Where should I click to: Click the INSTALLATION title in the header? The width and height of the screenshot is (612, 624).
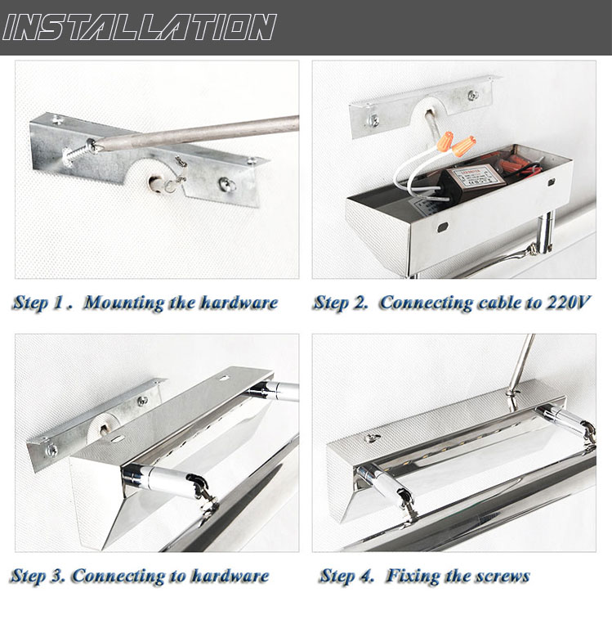139,27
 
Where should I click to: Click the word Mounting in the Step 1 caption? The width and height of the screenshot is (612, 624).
123,303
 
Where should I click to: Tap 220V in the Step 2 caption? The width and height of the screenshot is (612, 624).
568,303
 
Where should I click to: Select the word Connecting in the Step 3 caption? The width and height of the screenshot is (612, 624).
118,577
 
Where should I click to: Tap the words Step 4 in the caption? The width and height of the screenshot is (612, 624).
346,577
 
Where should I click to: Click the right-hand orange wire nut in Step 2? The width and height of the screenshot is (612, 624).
463,146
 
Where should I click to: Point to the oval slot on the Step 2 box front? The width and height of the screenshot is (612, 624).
443,228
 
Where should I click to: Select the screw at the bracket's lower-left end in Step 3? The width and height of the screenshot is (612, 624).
51,451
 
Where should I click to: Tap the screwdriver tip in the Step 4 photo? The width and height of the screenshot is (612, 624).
509,393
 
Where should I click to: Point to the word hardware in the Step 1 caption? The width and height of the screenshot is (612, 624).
239,303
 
